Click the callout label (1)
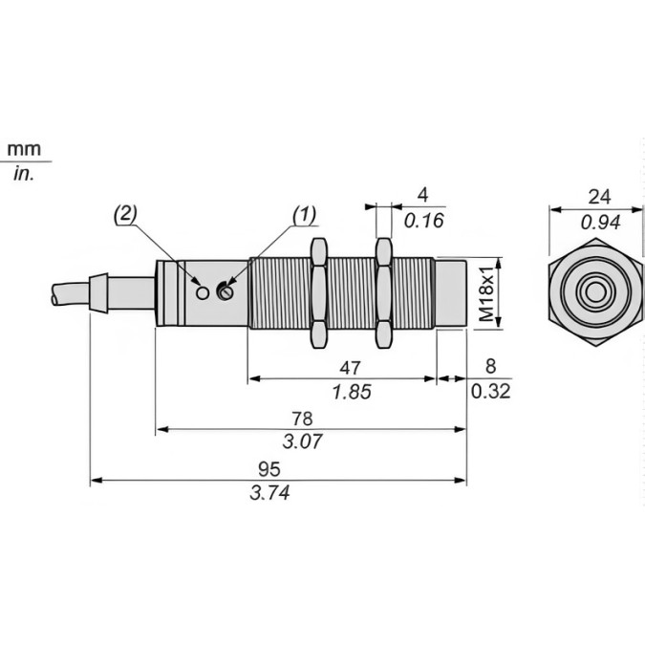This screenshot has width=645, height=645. click(301, 215)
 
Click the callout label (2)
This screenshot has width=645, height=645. click(126, 215)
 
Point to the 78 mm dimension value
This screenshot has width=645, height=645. click(301, 419)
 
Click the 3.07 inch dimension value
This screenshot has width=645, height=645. click(305, 441)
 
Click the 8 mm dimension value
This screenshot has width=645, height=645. click(491, 366)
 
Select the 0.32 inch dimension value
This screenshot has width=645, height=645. click(491, 391)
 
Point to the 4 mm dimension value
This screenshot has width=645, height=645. click(423, 196)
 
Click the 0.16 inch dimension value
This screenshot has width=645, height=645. click(424, 221)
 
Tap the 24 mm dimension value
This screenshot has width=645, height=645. click(599, 198)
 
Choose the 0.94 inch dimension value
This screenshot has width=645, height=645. click(599, 223)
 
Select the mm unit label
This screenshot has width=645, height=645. click(25, 150)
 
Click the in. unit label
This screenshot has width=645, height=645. click(24, 175)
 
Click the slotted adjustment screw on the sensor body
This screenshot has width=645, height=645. click(226, 290)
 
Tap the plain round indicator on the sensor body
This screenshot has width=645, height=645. click(202, 290)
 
